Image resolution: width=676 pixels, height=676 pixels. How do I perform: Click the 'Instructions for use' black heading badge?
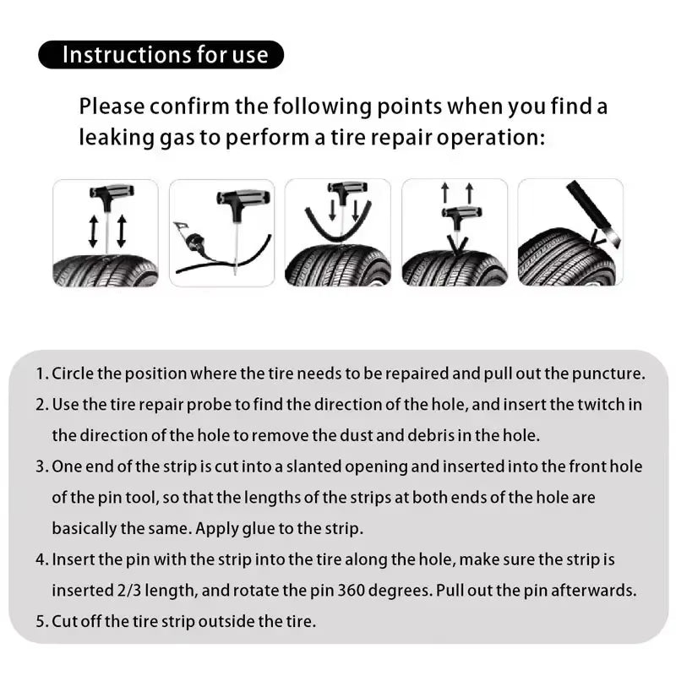click(x=161, y=55)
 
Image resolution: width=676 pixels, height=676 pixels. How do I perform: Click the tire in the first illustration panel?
click(x=106, y=270)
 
